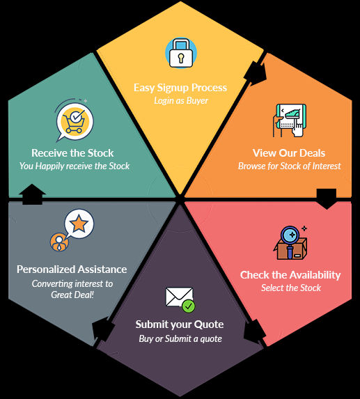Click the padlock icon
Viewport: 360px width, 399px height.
click(181, 53)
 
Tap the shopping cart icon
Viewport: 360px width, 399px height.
click(75, 121)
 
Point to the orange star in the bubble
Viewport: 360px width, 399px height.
click(79, 223)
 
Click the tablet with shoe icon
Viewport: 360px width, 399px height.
click(290, 120)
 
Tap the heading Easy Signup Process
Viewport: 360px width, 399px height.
click(180, 88)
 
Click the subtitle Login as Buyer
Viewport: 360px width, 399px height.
click(181, 100)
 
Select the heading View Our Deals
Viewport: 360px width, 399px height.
click(289, 153)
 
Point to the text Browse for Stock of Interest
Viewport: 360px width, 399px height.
click(289, 166)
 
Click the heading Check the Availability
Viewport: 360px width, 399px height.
click(290, 275)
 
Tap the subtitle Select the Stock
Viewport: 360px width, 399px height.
click(291, 288)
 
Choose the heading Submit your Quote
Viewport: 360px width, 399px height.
click(180, 324)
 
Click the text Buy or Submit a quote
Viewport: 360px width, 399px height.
click(180, 338)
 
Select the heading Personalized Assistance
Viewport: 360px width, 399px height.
click(72, 269)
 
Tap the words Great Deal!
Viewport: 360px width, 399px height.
click(72, 295)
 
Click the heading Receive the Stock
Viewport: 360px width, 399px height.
click(72, 153)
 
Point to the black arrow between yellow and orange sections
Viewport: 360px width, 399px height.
click(255, 73)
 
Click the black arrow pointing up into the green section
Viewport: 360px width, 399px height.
click(32, 194)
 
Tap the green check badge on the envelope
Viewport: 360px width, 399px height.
click(189, 306)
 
